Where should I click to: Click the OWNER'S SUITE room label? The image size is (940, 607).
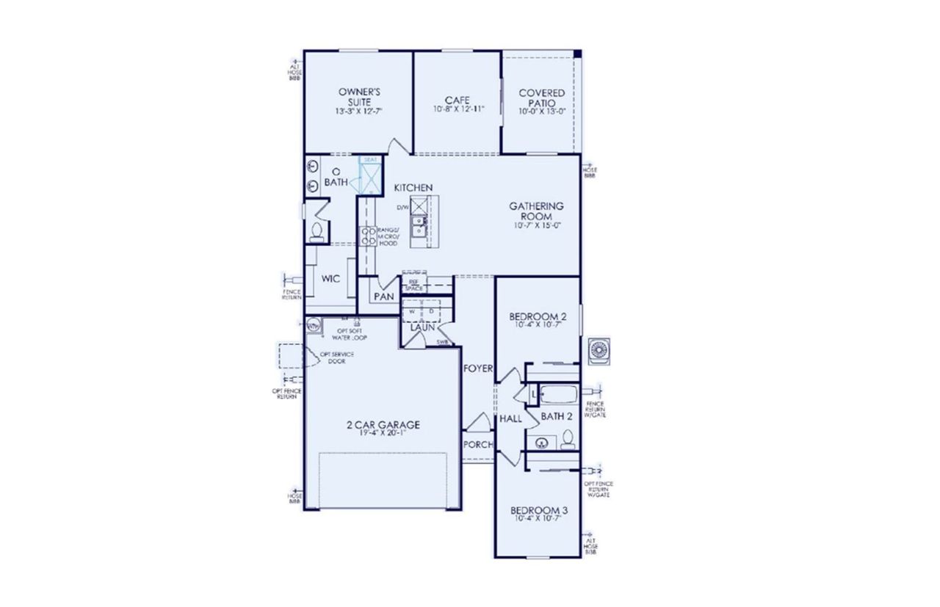(358, 97)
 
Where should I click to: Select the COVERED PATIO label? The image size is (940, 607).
(542, 98)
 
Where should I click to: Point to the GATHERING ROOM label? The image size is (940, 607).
(536, 211)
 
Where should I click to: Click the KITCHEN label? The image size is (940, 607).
(413, 189)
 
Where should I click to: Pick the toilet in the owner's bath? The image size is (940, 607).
(317, 233)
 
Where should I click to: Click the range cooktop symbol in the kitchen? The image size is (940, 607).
(368, 236)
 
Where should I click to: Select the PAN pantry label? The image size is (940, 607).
(383, 297)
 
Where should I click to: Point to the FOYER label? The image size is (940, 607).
(478, 369)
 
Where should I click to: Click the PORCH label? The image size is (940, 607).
(477, 444)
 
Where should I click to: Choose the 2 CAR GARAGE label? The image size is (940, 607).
(383, 424)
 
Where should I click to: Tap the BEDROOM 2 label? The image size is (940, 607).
(538, 316)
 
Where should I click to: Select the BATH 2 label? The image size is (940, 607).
(557, 416)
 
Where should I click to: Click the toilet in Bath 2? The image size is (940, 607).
(567, 440)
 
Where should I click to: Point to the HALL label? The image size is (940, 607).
(510, 419)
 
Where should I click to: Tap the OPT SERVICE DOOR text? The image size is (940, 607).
(337, 358)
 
